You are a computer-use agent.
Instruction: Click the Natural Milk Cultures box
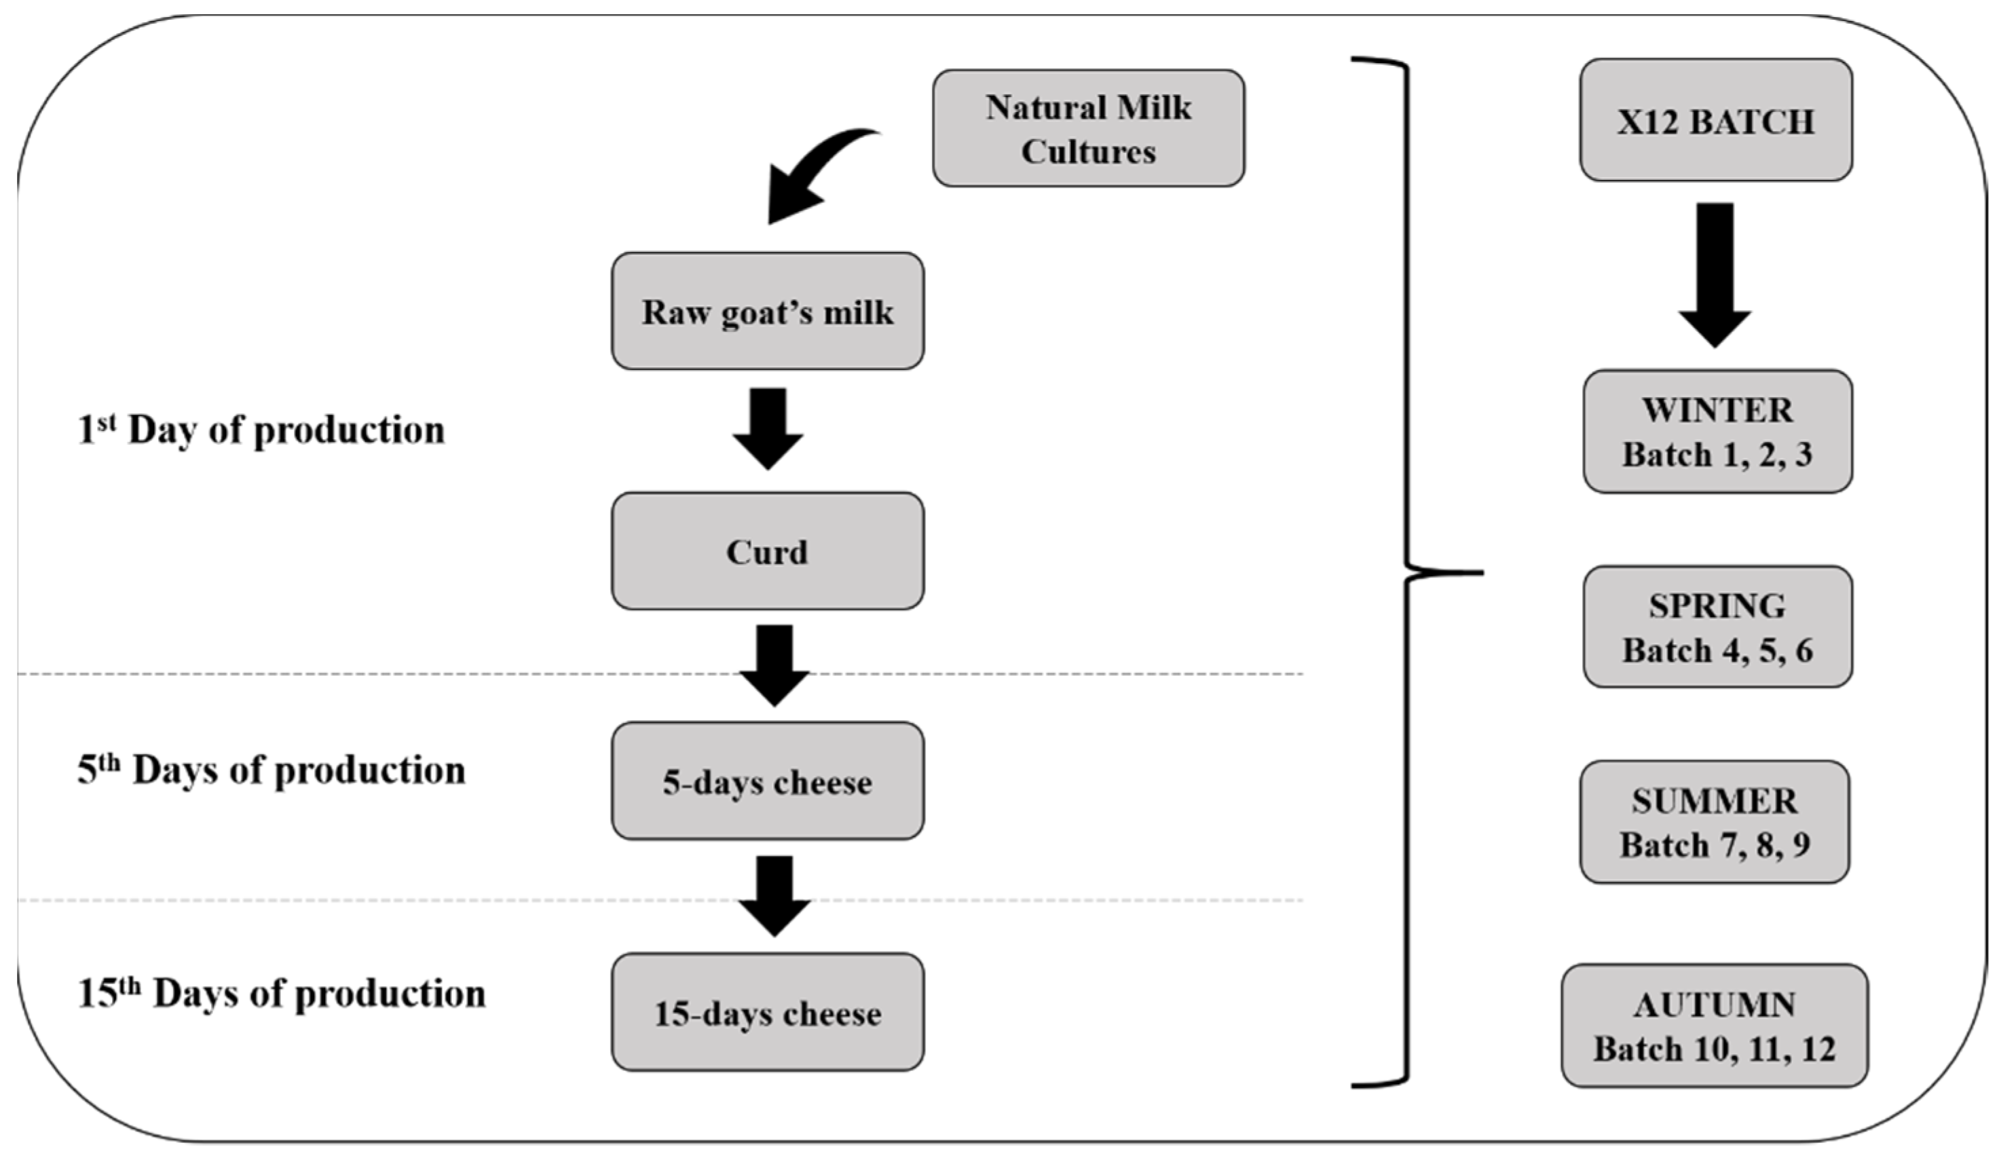[x=1087, y=128]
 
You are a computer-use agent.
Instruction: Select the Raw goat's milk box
[x=767, y=311]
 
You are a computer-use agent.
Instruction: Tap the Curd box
[x=767, y=551]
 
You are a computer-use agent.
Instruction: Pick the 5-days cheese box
[x=767, y=781]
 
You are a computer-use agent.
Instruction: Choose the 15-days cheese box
[x=767, y=1012]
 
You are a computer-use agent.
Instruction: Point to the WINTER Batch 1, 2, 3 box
[x=1717, y=432]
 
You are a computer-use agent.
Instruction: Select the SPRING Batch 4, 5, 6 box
[x=1717, y=627]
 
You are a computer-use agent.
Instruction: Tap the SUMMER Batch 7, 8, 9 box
[x=1713, y=822]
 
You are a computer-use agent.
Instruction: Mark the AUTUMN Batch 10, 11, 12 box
[x=1713, y=1026]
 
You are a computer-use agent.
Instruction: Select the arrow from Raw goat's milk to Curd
[x=768, y=428]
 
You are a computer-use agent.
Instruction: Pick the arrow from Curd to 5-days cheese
[x=774, y=665]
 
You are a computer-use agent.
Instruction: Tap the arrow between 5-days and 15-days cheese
[x=774, y=895]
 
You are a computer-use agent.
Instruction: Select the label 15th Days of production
[x=281, y=994]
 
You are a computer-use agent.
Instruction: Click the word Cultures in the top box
[x=1087, y=151]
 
